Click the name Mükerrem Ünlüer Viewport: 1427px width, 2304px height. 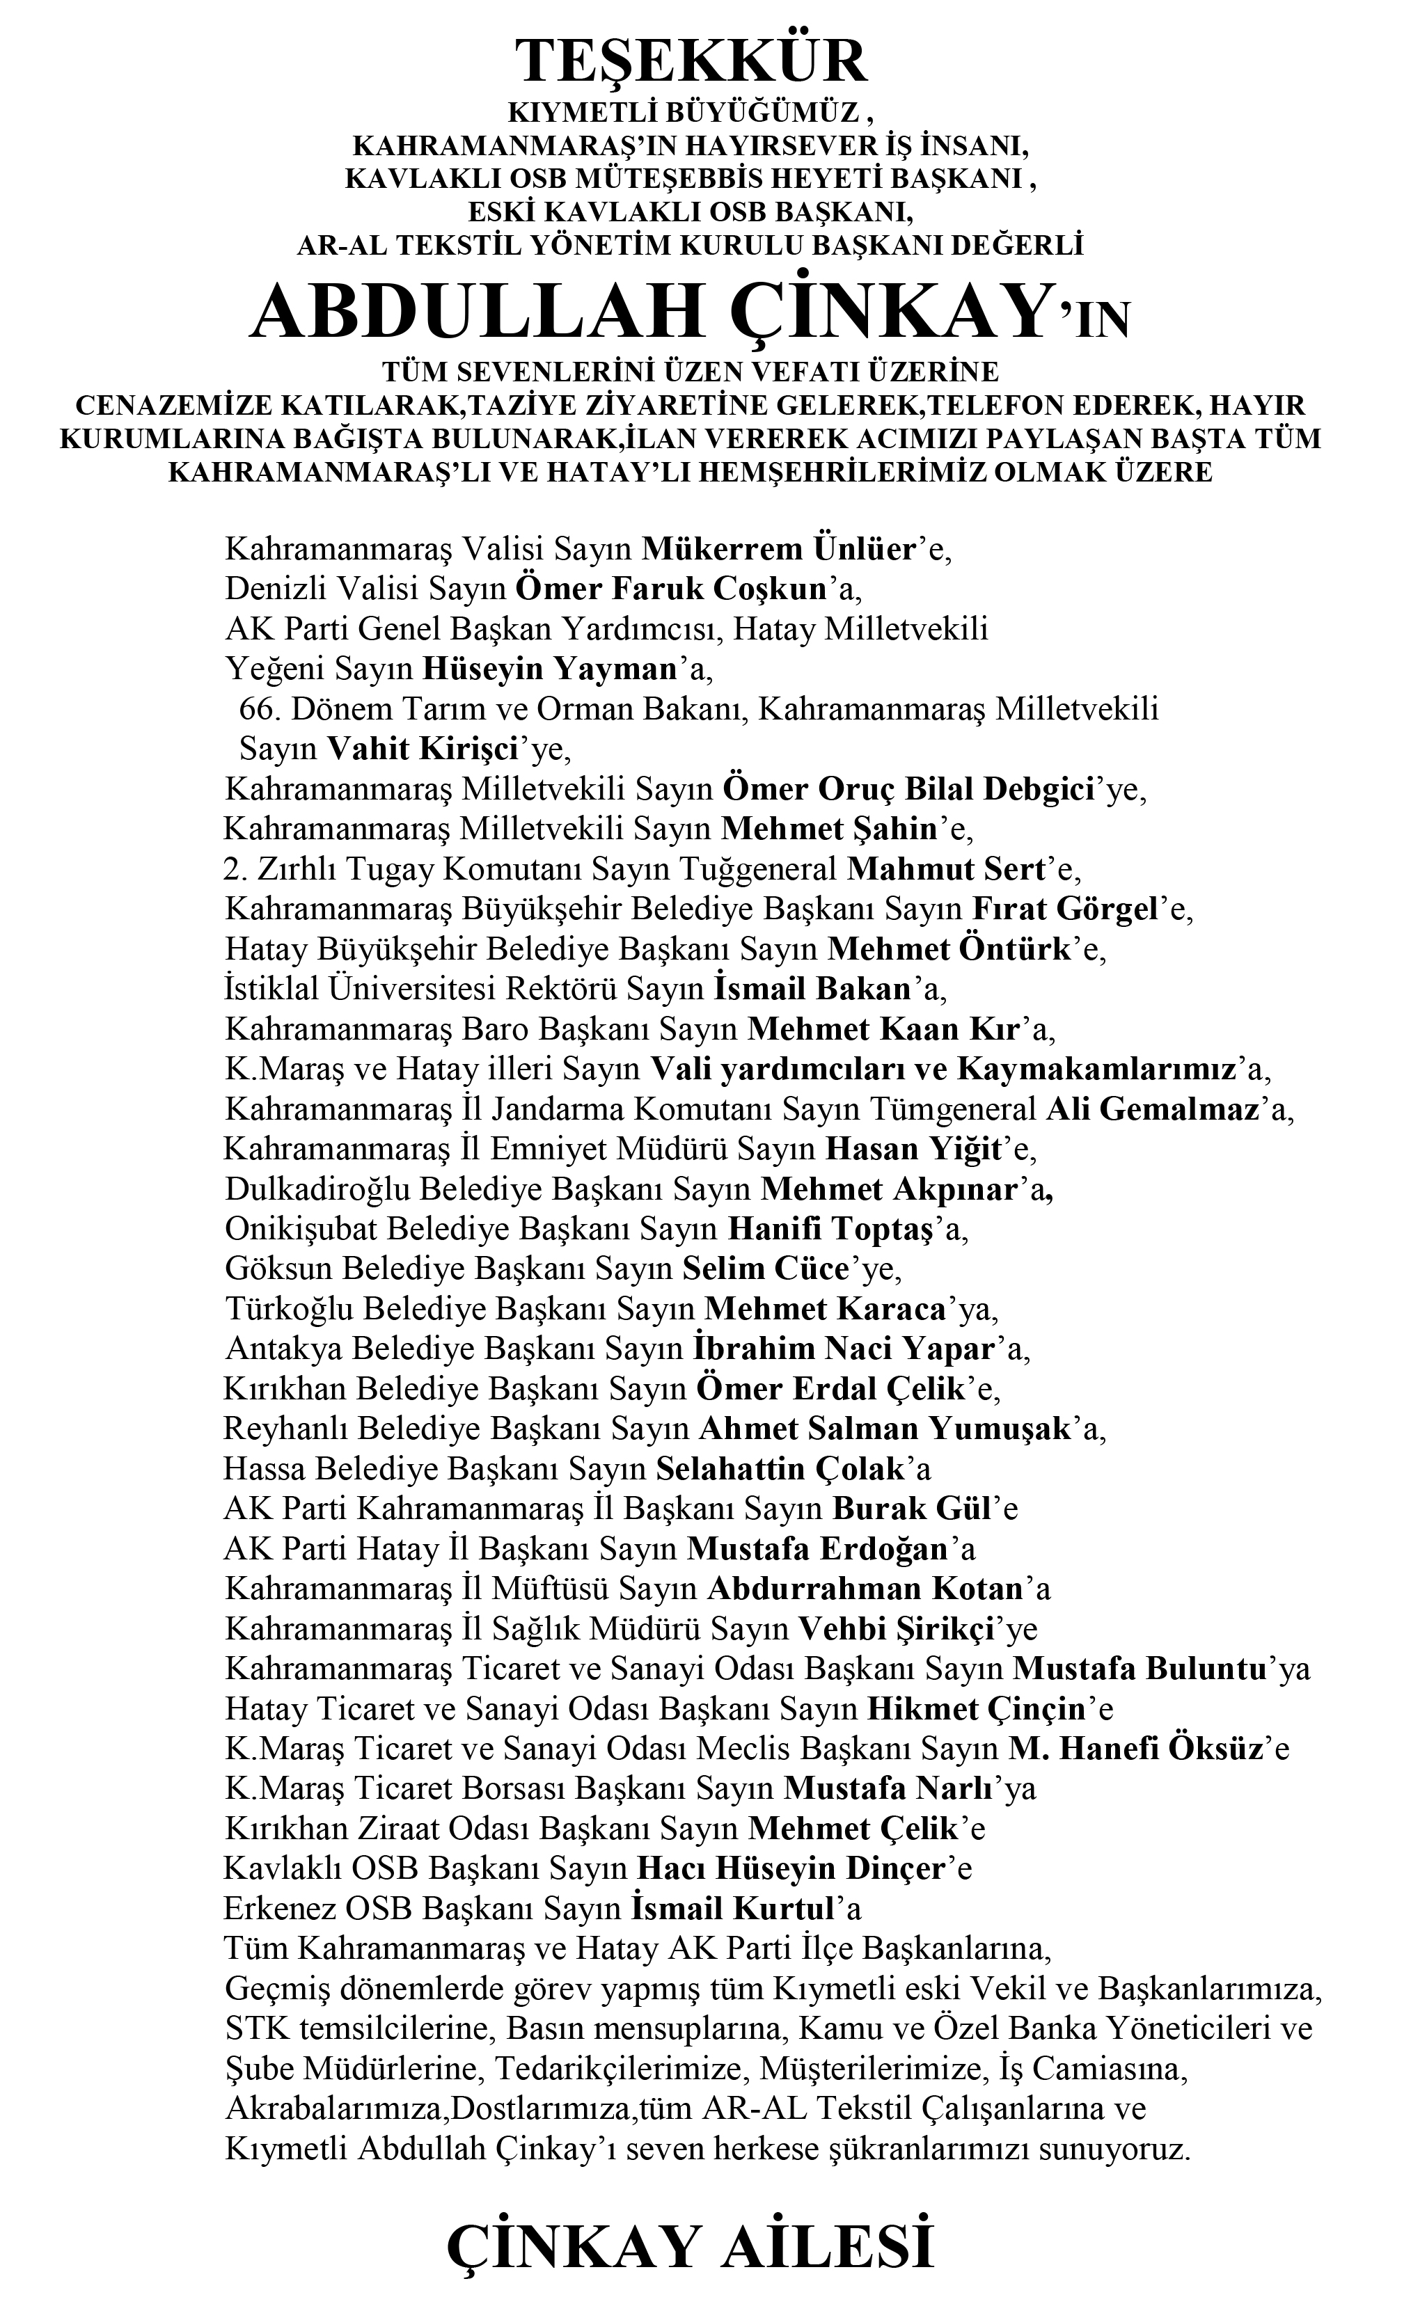(x=780, y=549)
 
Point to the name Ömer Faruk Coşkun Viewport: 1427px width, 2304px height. (x=671, y=589)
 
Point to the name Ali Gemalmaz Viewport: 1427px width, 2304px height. (x=1152, y=1109)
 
